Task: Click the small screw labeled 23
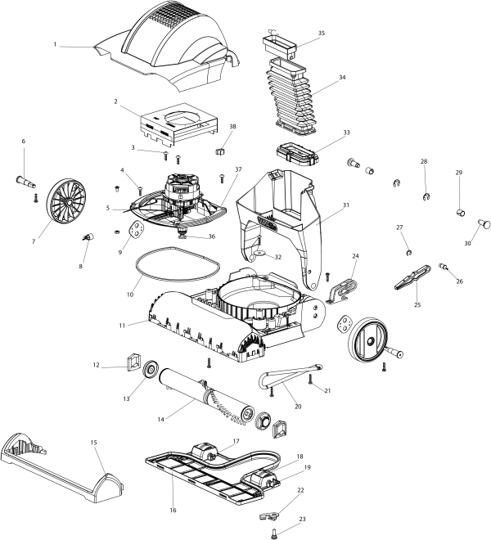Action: pyautogui.click(x=273, y=532)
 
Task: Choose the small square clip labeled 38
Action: pyautogui.click(x=219, y=151)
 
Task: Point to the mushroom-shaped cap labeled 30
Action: pyautogui.click(x=484, y=221)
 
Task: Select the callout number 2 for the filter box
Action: pyautogui.click(x=116, y=102)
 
